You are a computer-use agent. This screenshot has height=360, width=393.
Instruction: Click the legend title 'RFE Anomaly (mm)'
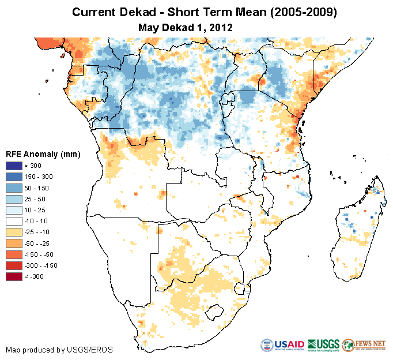(x=43, y=155)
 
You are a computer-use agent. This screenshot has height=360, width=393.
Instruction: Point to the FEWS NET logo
(x=364, y=344)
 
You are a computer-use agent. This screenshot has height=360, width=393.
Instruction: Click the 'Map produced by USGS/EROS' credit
(x=59, y=350)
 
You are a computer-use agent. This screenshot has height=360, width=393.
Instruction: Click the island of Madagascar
(x=357, y=231)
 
